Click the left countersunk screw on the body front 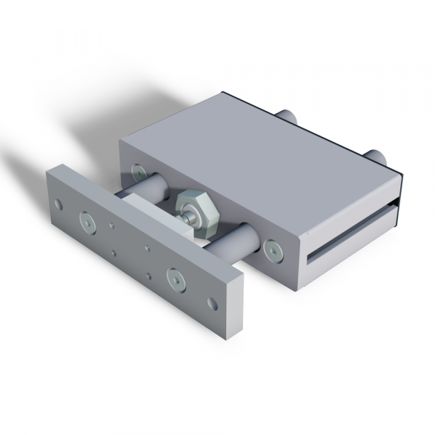[137, 173]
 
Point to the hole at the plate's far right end [211, 302]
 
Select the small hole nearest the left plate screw [111, 226]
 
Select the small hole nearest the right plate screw [149, 276]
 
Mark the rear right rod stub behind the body [376, 155]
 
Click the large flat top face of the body [254, 159]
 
